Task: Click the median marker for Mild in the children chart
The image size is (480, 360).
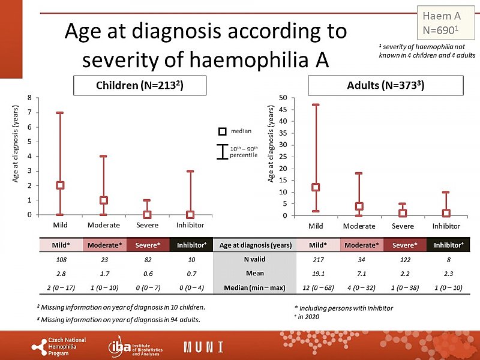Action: (60, 185)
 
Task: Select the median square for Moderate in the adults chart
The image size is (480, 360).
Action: (359, 206)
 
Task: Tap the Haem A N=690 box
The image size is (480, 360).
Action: (441, 22)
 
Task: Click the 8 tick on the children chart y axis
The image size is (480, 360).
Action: (38, 98)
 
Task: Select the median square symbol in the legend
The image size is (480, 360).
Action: (222, 131)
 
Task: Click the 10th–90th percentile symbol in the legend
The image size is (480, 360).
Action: (222, 152)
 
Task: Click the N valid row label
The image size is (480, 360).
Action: (255, 259)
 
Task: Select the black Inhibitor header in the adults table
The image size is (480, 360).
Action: (446, 245)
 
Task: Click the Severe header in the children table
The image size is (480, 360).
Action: (147, 245)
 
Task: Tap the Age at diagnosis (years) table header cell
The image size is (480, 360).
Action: (255, 245)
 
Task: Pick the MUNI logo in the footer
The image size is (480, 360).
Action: (203, 347)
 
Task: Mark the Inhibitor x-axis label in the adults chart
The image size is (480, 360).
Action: (446, 226)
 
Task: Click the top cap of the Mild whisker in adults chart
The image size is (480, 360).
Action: (316, 105)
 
